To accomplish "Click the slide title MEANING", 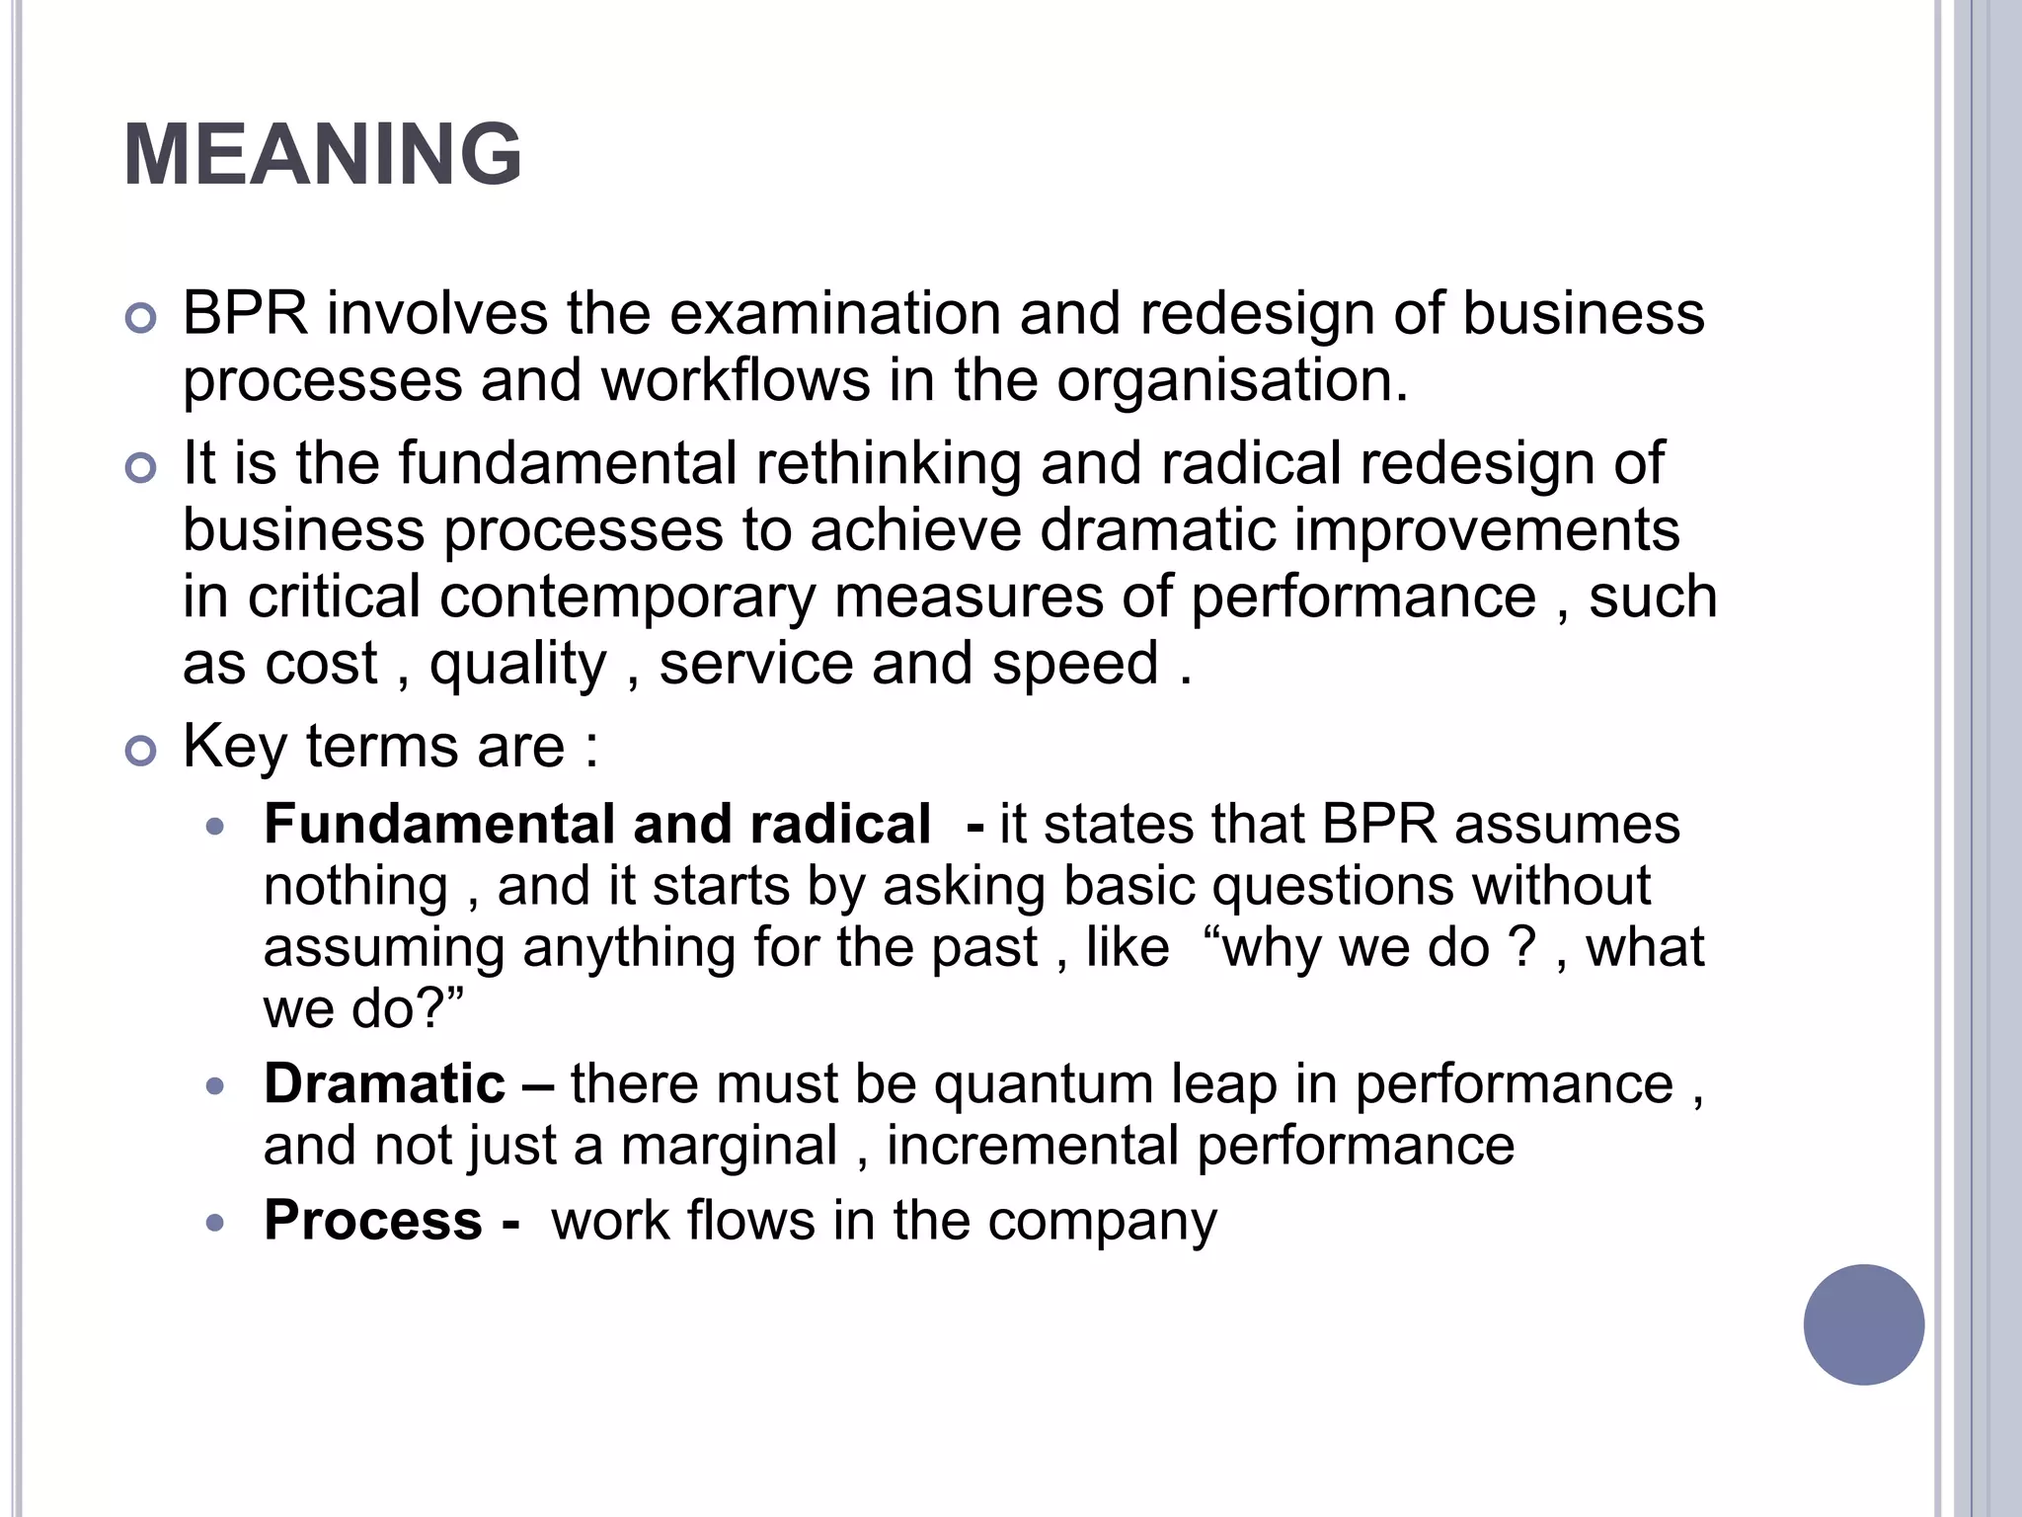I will pos(323,155).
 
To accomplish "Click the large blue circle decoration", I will pos(1863,1324).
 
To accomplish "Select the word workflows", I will pos(736,381).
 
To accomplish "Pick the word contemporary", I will pos(627,598).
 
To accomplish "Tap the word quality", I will pos(517,664).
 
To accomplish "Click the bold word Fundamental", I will pos(439,825).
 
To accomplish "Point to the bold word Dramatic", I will pos(385,1083).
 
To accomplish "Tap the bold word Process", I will pos(373,1220).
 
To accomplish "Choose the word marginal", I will pos(729,1147).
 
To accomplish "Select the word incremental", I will pos(1033,1147).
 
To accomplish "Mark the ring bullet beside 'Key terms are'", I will pos(141,752).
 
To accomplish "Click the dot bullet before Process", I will pos(215,1224).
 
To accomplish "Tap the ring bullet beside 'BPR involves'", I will pos(141,319).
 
